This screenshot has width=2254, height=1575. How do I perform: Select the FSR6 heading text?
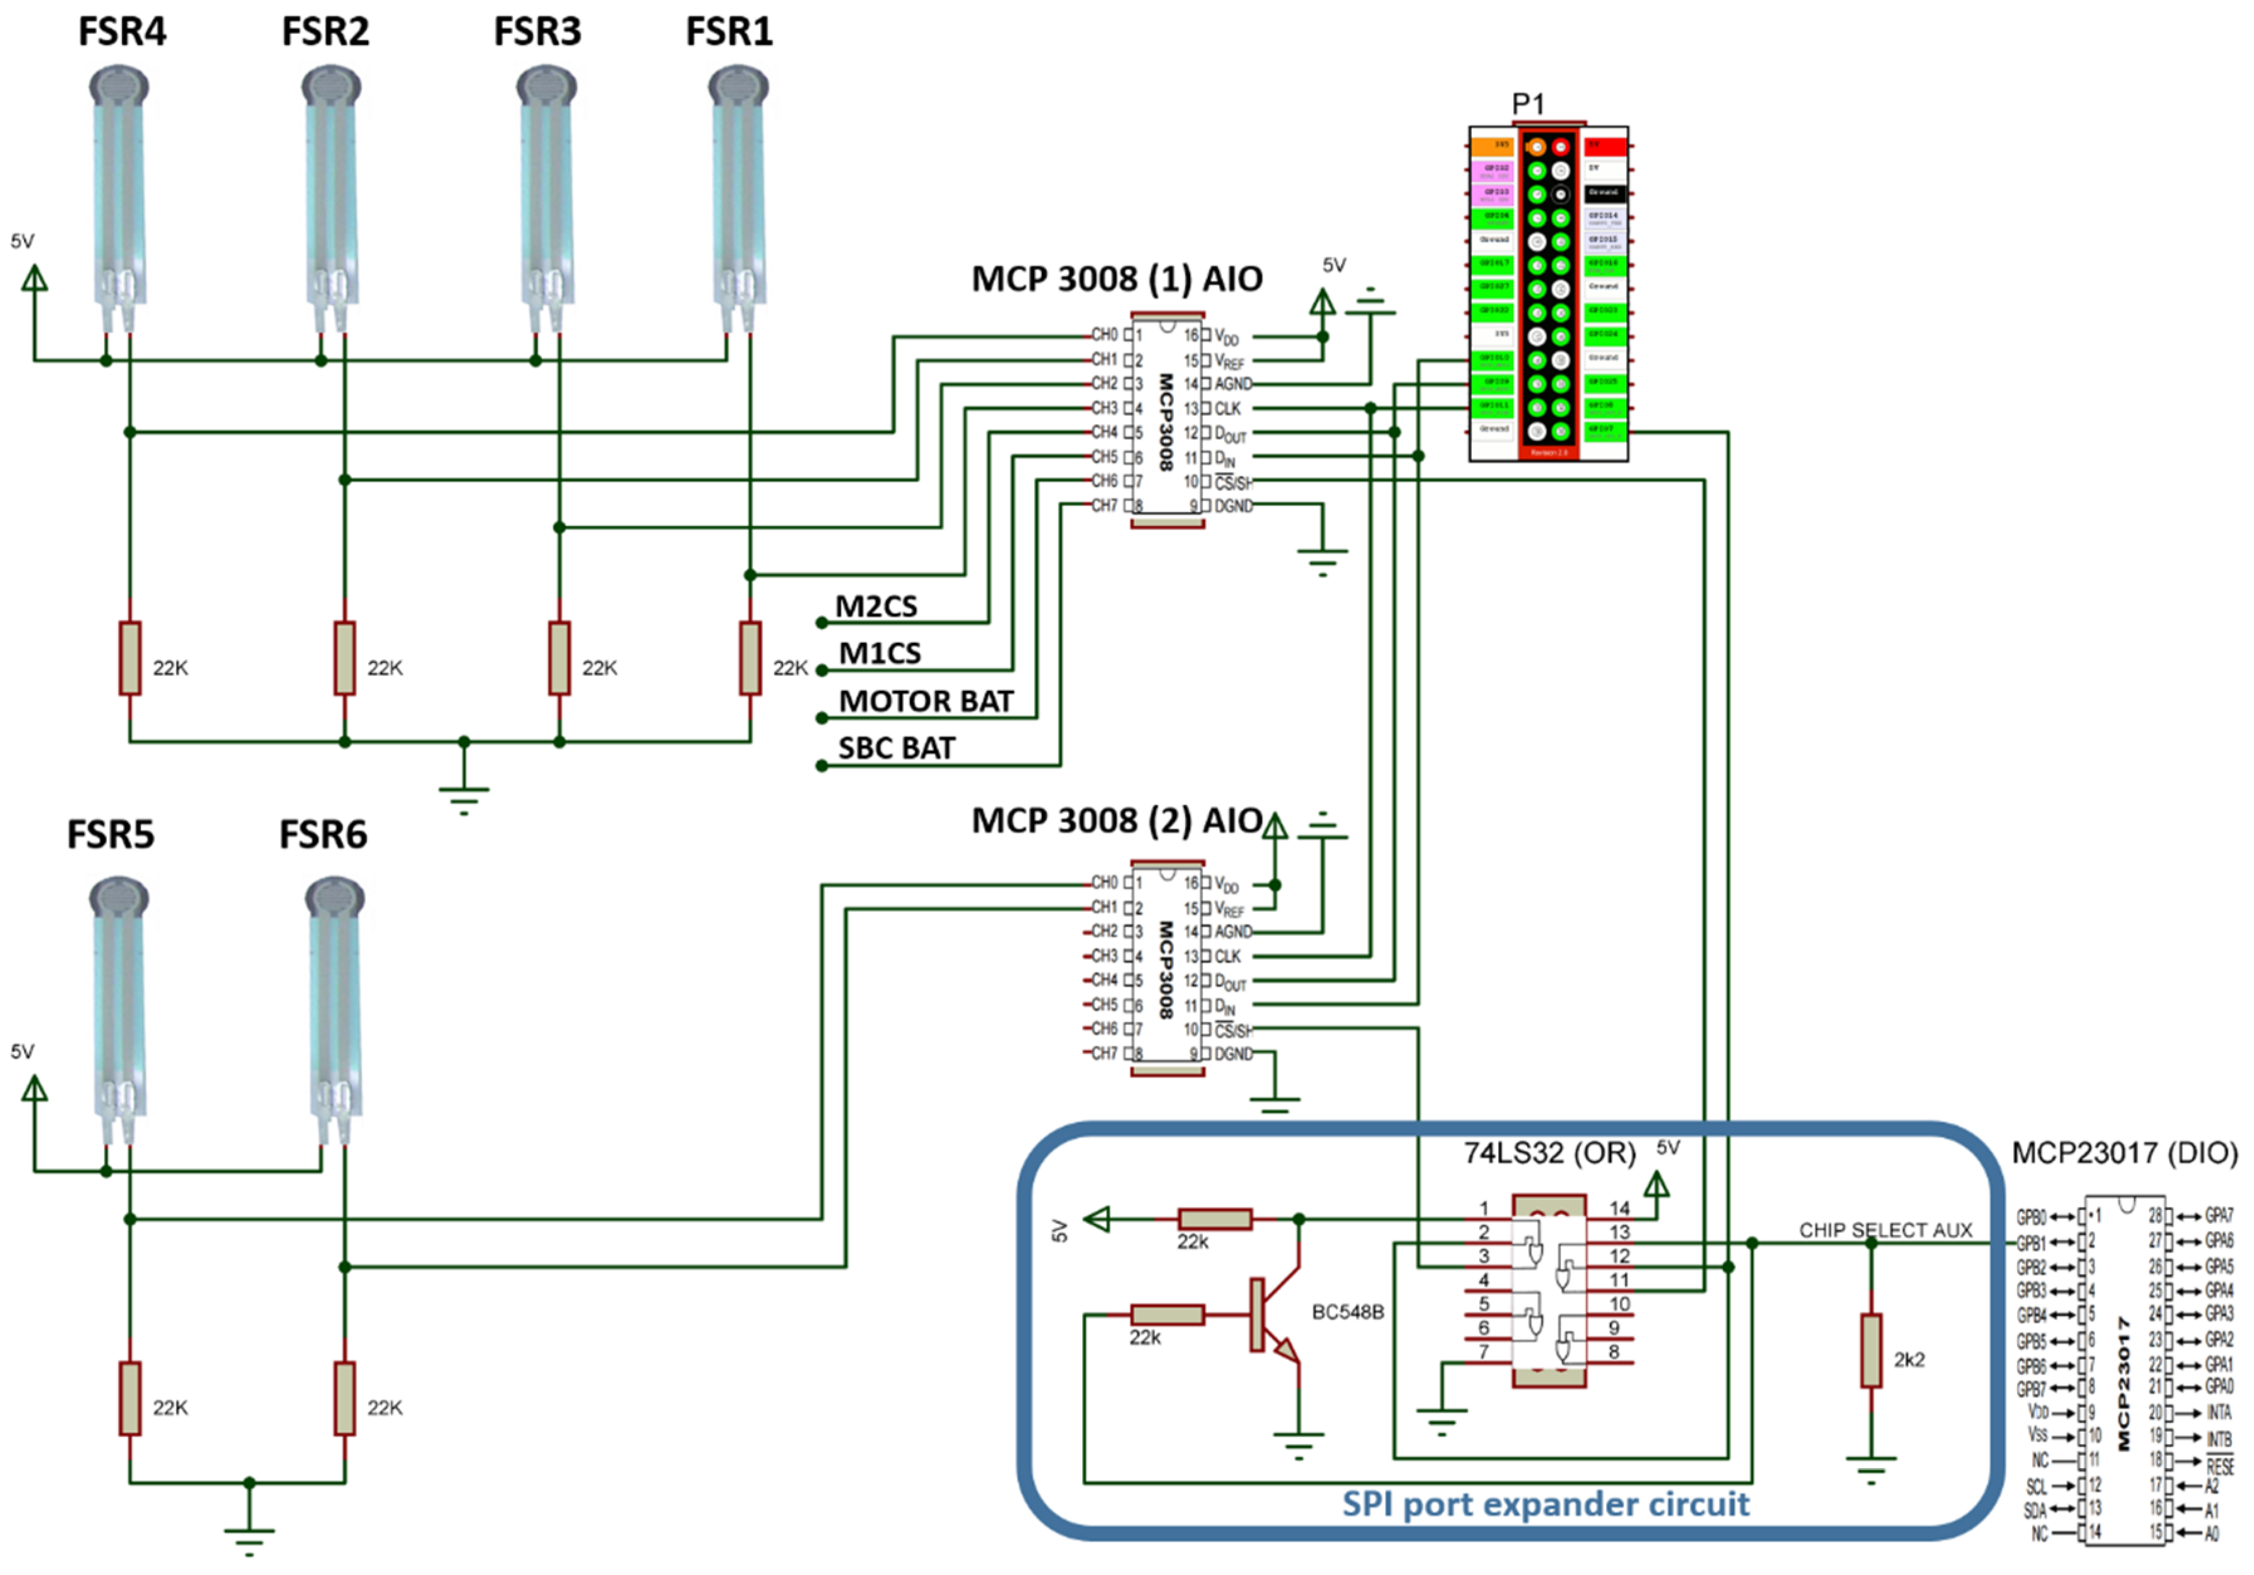(x=323, y=835)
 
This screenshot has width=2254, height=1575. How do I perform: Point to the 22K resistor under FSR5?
(x=129, y=1398)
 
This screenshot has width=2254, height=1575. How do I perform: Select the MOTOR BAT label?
(x=925, y=701)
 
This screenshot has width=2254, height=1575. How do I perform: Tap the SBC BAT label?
(x=895, y=749)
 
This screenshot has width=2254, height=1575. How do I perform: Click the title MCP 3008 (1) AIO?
(x=1116, y=279)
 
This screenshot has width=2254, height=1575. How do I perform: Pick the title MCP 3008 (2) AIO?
(x=1116, y=820)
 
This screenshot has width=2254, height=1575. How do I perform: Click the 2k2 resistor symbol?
(x=1871, y=1351)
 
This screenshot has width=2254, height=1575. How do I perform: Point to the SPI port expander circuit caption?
(x=1545, y=1503)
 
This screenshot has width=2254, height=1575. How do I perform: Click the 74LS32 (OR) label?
(x=1549, y=1153)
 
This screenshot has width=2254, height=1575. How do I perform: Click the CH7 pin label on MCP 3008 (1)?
(x=1105, y=506)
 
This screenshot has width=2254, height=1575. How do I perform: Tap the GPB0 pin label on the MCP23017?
(x=2030, y=1217)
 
